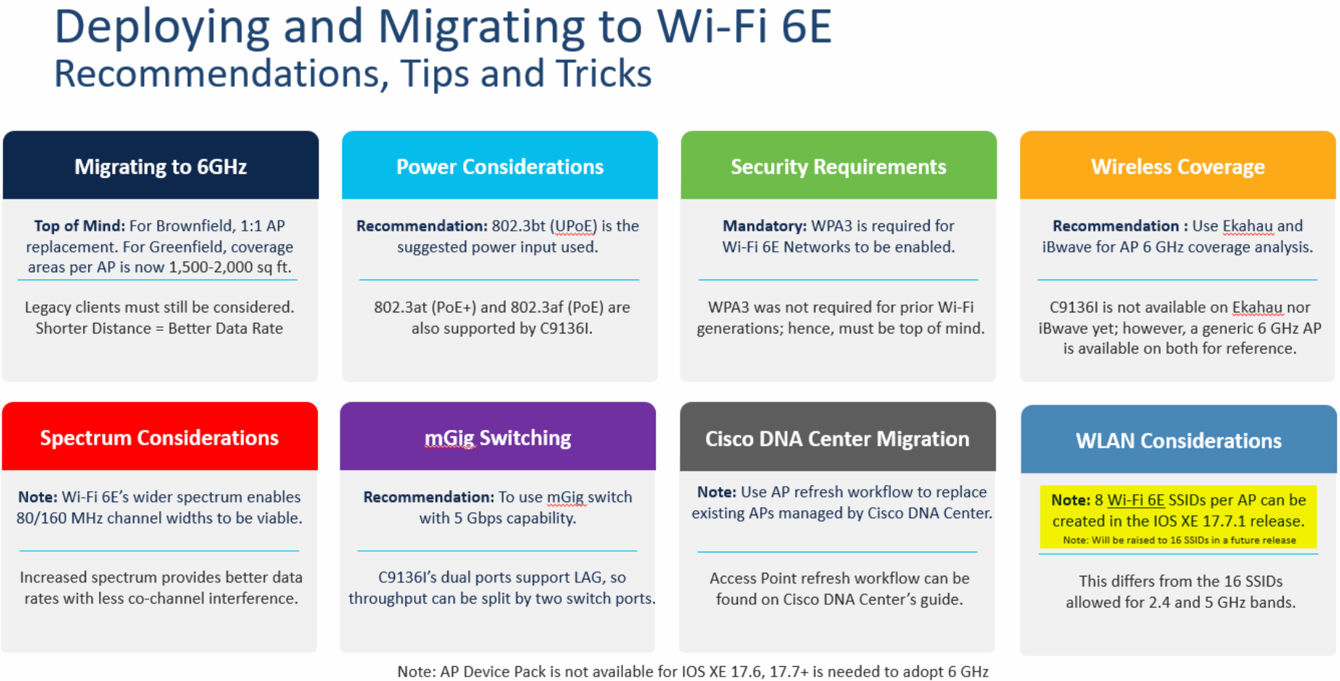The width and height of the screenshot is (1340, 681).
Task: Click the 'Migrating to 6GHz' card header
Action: click(161, 166)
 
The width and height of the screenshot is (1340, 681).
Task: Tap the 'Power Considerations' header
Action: click(499, 166)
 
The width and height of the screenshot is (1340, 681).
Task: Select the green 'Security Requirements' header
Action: click(838, 166)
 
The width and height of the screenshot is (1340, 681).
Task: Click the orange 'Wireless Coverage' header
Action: click(1177, 166)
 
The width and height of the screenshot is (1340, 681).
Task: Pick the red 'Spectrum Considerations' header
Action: click(159, 438)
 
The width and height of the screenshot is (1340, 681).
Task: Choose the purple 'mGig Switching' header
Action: click(498, 438)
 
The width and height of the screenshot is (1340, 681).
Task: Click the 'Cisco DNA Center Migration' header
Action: click(837, 439)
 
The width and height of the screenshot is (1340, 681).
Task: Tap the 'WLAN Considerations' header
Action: click(1179, 440)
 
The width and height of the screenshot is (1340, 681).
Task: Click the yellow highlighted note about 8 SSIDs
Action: click(1178, 517)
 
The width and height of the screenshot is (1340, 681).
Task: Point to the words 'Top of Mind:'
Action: click(79, 226)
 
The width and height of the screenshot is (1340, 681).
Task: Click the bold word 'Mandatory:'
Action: click(765, 226)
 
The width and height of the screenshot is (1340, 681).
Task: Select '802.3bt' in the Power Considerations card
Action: click(518, 226)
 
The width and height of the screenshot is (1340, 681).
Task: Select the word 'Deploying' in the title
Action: click(162, 27)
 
